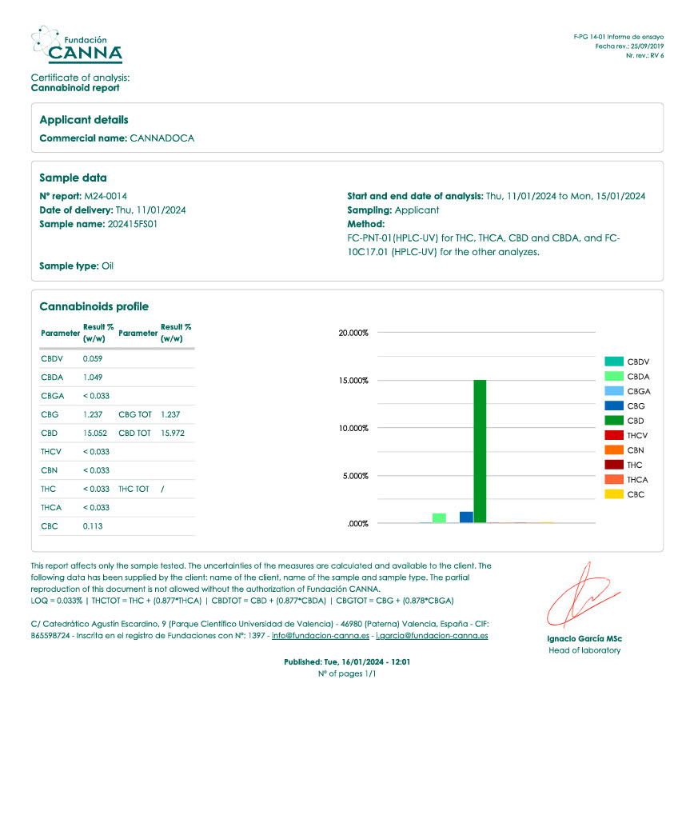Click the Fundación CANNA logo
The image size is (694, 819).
(77, 45)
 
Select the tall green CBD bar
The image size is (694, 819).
(480, 451)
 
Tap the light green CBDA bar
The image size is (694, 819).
(439, 517)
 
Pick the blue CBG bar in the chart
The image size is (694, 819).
(466, 517)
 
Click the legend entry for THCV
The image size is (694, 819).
(628, 435)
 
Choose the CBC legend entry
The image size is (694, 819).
(628, 494)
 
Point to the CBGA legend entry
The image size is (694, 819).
(628, 391)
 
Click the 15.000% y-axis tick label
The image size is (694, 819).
(353, 381)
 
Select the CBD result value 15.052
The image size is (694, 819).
(95, 433)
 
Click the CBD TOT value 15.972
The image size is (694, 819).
(173, 433)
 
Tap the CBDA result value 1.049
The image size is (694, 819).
(93, 377)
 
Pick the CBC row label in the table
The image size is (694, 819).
(50, 526)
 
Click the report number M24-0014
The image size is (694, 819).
(107, 196)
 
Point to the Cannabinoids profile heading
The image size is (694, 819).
(94, 306)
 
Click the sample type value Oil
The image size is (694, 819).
(107, 266)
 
